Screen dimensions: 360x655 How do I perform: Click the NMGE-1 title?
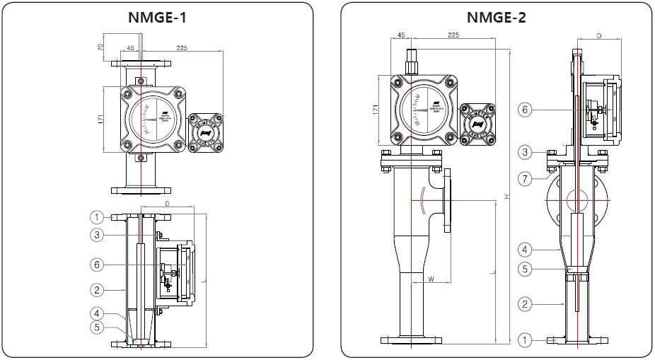coord(157,18)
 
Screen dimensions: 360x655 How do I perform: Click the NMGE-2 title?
coord(496,18)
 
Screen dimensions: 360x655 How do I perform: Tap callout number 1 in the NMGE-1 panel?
coord(98,217)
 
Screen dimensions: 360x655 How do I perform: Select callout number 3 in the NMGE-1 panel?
coord(98,234)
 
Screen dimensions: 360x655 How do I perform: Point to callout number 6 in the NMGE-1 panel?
coord(98,265)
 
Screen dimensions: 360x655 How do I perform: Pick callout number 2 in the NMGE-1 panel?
coord(98,289)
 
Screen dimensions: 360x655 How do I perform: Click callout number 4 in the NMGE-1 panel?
coord(98,313)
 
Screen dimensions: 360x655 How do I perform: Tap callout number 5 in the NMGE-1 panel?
coord(98,327)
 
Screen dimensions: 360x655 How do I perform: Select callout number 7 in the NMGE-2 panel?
coord(524,179)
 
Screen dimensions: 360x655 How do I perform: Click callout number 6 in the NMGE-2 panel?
coord(524,110)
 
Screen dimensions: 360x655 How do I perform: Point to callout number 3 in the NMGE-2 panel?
coord(524,152)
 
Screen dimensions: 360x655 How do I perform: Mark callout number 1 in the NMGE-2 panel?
coord(524,340)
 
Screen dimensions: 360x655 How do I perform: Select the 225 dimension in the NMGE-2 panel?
coord(454,34)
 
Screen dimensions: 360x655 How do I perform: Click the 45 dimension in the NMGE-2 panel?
coord(400,34)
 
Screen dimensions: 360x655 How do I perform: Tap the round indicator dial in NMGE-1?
coord(151,117)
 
